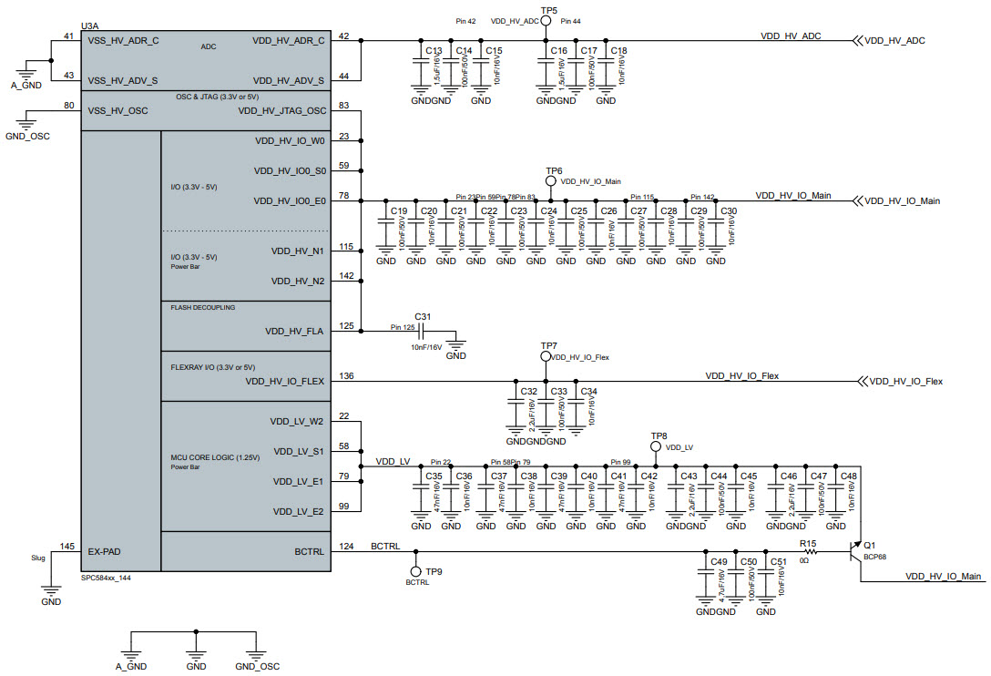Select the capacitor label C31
422,317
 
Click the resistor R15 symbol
808,551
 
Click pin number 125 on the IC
346,325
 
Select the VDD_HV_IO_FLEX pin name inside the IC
284,382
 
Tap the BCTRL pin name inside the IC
310,551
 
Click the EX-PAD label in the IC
105,551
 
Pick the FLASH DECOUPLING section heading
202,308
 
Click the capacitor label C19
399,211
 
